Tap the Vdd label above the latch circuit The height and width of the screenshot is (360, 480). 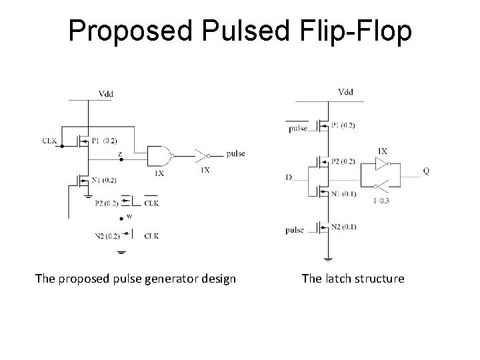point(346,91)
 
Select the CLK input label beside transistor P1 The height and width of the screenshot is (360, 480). point(50,141)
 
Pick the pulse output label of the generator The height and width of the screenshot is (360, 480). point(235,153)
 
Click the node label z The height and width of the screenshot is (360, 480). point(119,153)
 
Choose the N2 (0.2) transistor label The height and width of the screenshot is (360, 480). point(107,235)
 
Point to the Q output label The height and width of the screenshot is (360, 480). point(426,171)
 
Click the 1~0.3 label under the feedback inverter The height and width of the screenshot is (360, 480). point(382,201)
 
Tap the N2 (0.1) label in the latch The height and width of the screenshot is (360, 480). point(343,227)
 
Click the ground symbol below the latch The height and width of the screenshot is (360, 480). point(327,258)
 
